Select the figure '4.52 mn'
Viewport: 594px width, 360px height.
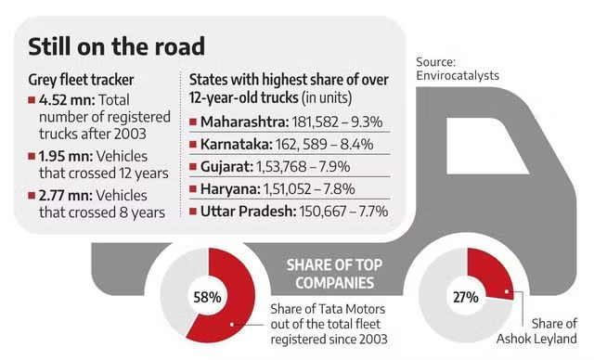coord(59,99)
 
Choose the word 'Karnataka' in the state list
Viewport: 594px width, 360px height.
coord(232,145)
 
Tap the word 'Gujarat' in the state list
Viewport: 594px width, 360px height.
coord(224,168)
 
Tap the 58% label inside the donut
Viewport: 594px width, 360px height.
coord(207,298)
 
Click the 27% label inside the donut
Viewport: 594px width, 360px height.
coord(465,299)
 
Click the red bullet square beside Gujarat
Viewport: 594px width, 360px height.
coord(192,168)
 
